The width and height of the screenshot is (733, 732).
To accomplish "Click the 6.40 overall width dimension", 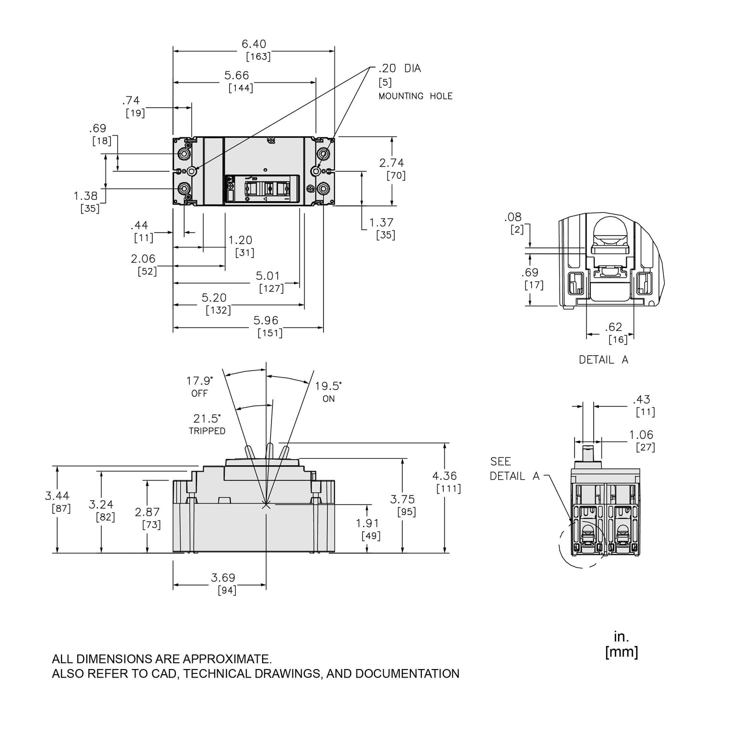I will point(254,44).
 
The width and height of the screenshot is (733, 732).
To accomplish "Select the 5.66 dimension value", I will point(237,75).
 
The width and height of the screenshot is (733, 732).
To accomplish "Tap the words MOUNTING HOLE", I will point(415,96).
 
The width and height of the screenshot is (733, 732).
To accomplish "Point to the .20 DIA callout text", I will point(399,69).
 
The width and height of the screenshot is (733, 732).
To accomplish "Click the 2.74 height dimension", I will point(392,163).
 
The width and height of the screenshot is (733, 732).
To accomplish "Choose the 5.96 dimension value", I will point(266,320).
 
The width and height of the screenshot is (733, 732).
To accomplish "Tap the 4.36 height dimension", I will point(445,476).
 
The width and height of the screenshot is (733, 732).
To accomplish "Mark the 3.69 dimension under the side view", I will point(223,578).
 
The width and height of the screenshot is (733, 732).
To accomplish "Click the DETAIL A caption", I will point(603,360).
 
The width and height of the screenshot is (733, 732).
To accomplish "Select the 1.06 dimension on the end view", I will point(641,435).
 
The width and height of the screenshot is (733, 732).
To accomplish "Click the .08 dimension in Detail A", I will point(513,217).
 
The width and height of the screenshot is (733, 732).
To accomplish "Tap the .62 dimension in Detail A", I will point(614,327).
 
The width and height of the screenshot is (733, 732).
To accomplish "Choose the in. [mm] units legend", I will point(621,644).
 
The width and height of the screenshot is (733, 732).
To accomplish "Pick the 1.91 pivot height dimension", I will point(367,524).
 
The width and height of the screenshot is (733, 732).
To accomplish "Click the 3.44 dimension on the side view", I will point(57,496).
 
